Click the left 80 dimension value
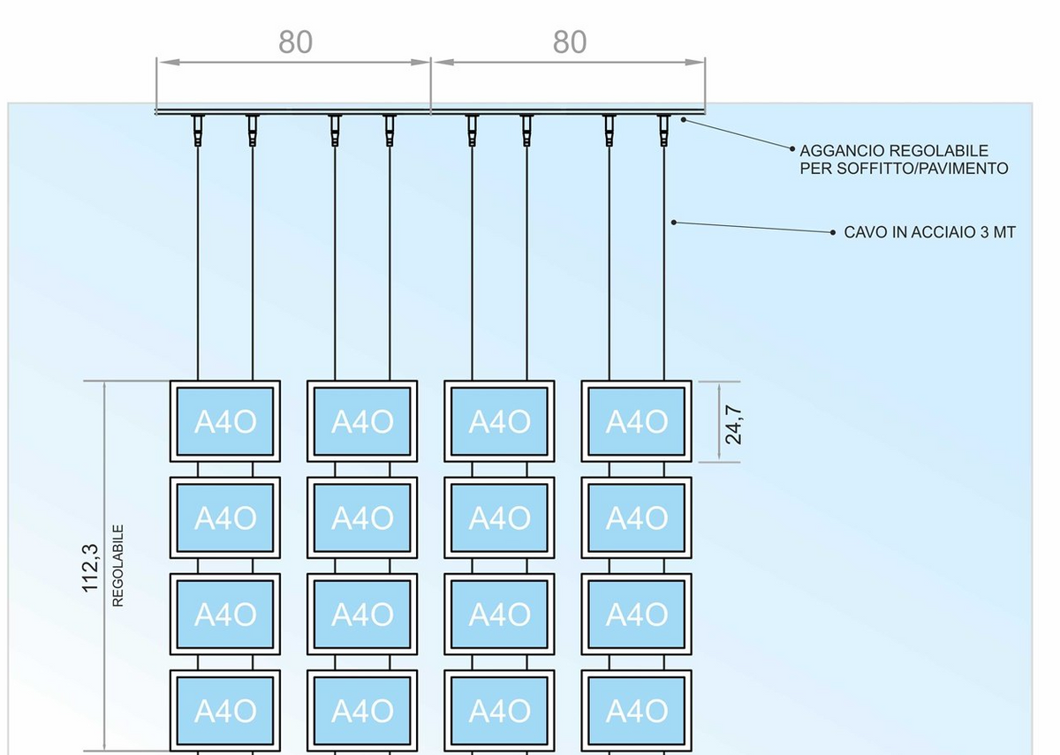coord(295,42)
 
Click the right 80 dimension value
coord(570,42)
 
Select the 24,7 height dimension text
coord(733,423)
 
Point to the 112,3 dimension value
coord(90,568)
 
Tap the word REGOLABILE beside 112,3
coord(118,566)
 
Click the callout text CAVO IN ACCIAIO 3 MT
coord(929,232)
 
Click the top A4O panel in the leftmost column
coord(225,421)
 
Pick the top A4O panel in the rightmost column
coord(636,421)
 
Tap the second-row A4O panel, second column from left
coord(362,517)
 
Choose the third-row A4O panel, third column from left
coord(499,614)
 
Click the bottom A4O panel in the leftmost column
coord(225,710)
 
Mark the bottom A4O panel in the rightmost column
coord(636,710)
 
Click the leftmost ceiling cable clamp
coord(197,130)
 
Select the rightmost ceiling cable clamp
coord(664,130)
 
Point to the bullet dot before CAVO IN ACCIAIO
coord(833,233)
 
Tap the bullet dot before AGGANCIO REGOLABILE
coord(792,151)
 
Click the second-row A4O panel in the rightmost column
coord(636,517)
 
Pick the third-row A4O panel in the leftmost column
coord(225,614)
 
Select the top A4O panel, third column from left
coord(499,421)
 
